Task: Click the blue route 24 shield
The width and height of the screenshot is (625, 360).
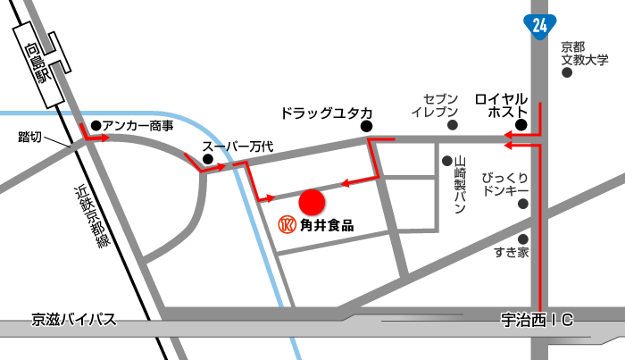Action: [x=538, y=26]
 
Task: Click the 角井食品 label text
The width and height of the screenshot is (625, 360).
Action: [x=327, y=225]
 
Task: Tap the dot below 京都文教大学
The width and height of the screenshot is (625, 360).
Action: [x=567, y=74]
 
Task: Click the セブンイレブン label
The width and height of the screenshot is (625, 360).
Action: [x=435, y=105]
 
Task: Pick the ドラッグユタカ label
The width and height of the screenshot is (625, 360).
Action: [x=326, y=113]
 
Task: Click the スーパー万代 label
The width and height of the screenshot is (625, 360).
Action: [x=237, y=147]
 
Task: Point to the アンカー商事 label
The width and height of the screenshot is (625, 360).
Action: [x=137, y=126]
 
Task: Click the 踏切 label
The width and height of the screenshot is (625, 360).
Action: [x=30, y=137]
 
